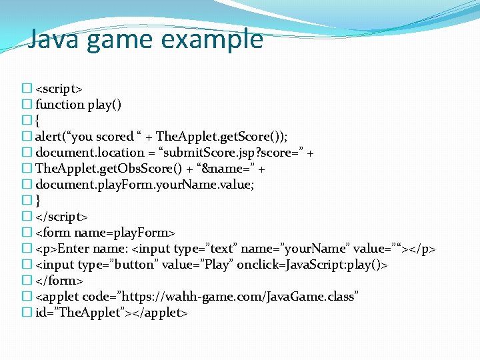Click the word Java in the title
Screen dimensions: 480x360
click(54, 40)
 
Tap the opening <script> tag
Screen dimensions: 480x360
click(59, 89)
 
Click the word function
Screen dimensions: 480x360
click(59, 105)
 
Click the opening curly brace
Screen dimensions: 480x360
click(38, 121)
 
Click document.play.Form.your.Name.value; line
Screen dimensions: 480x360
click(144, 185)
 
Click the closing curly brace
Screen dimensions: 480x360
click(38, 201)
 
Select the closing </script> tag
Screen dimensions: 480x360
click(61, 217)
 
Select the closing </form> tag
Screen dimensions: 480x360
click(57, 281)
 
